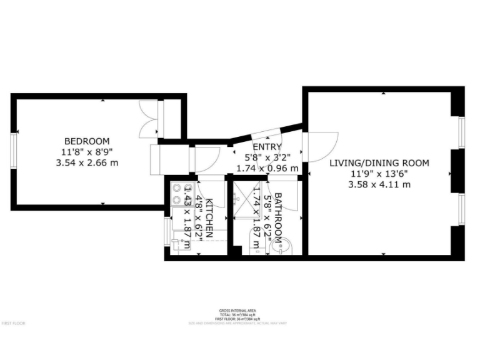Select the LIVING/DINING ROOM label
click(379, 163)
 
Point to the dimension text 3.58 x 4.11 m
click(379, 184)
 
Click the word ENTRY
click(262, 147)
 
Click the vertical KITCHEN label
click(211, 219)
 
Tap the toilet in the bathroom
click(256, 242)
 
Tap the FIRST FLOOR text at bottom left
click(12, 323)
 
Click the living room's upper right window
click(462, 133)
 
